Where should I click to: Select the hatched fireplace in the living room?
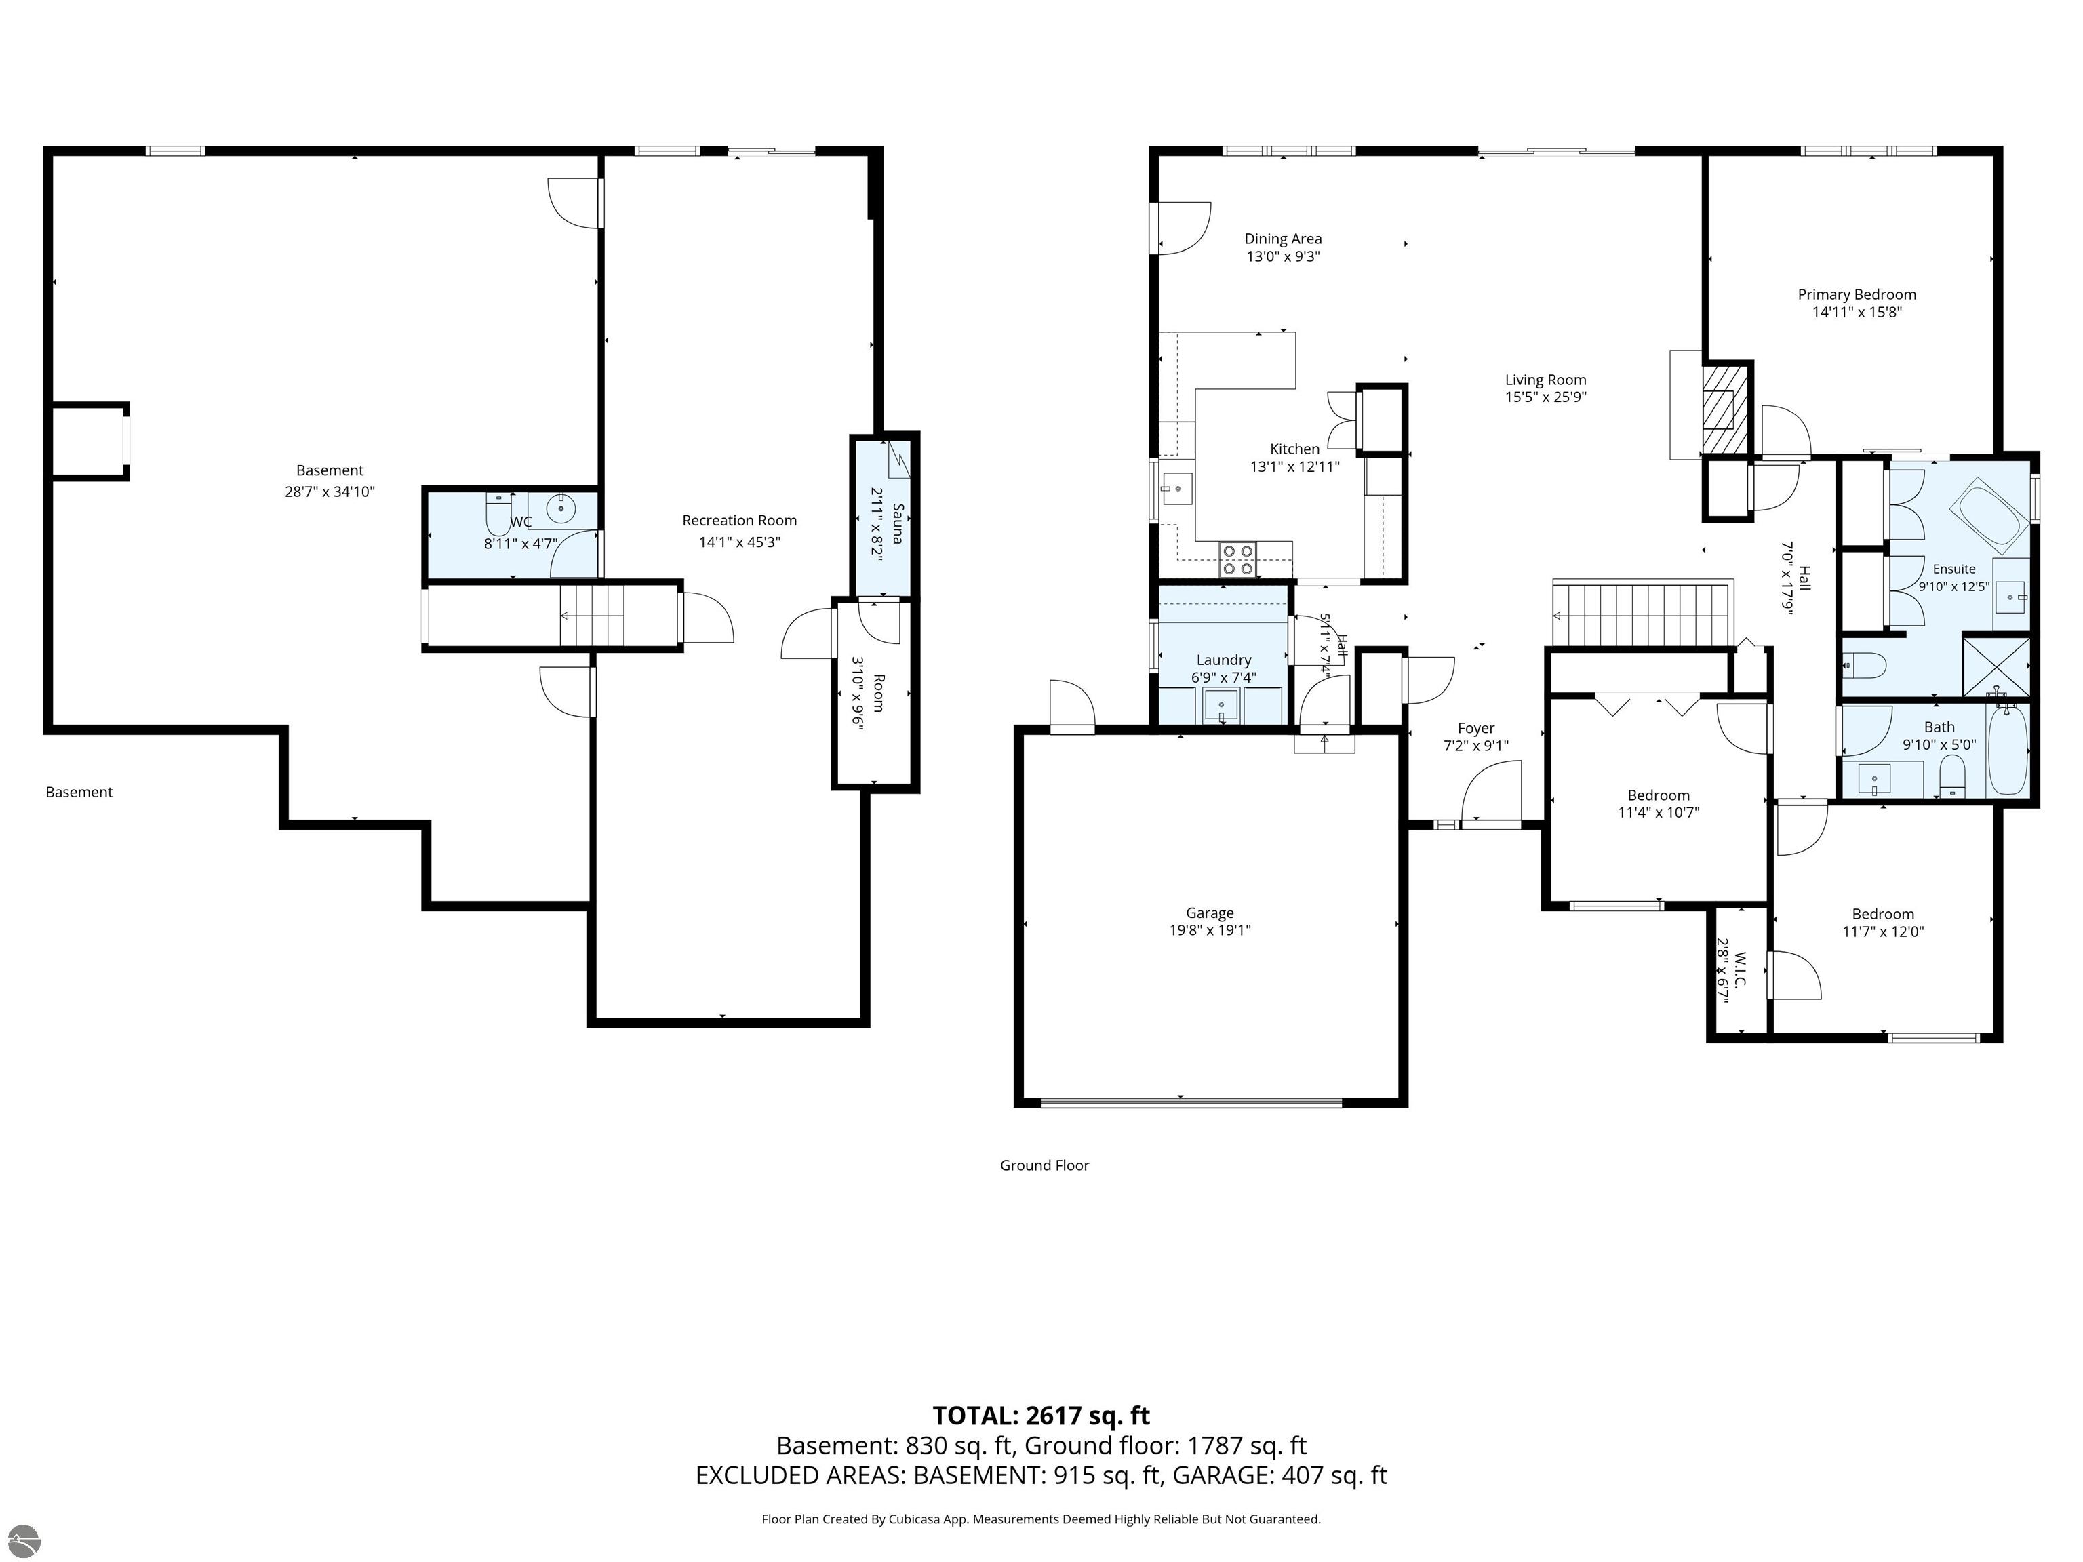tap(1725, 409)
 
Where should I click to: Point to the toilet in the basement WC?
tap(498, 514)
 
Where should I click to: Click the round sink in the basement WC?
tap(561, 509)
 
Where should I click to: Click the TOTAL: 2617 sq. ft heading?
tap(1041, 1416)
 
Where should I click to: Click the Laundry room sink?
tap(1221, 704)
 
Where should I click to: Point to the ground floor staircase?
tap(1642, 615)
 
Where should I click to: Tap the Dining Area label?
tap(1283, 239)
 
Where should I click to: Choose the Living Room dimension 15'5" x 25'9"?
tap(1545, 397)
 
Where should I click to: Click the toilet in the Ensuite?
tap(1863, 666)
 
